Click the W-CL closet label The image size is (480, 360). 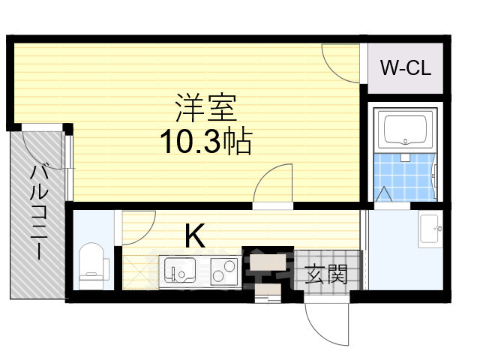(x=404, y=69)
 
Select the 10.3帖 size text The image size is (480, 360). (x=204, y=141)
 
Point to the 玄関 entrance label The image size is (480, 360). (x=327, y=275)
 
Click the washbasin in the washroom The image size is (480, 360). (x=430, y=229)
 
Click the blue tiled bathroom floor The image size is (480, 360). (x=405, y=176)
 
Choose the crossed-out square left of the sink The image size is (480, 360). (x=139, y=271)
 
